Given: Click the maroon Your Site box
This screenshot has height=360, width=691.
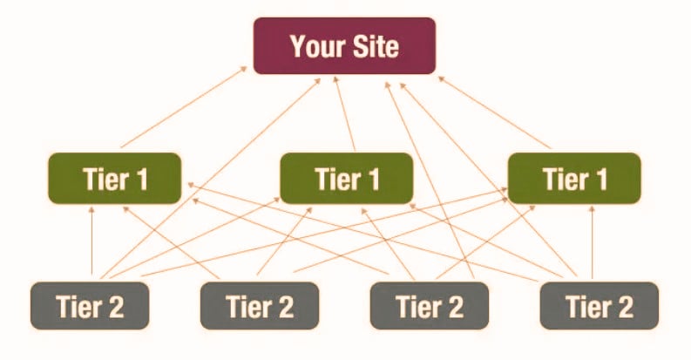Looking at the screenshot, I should coord(344,45).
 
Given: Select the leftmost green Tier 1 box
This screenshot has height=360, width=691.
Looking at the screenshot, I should coord(115,179).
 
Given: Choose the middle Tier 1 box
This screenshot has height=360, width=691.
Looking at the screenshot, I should coord(346,179).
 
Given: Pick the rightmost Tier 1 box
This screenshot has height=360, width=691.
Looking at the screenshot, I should coord(574,179).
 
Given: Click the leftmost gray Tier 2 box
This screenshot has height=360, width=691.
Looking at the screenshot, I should coord(90,306).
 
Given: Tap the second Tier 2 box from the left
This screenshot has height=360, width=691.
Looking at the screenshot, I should coord(260,306).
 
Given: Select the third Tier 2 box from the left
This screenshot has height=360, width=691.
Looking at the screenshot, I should coord(430,306).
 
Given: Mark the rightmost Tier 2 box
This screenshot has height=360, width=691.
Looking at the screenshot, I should coord(600,306).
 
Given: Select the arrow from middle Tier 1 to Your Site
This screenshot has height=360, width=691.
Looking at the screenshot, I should coord(345,113).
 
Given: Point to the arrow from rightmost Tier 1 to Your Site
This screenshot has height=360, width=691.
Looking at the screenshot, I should coord(497,109).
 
